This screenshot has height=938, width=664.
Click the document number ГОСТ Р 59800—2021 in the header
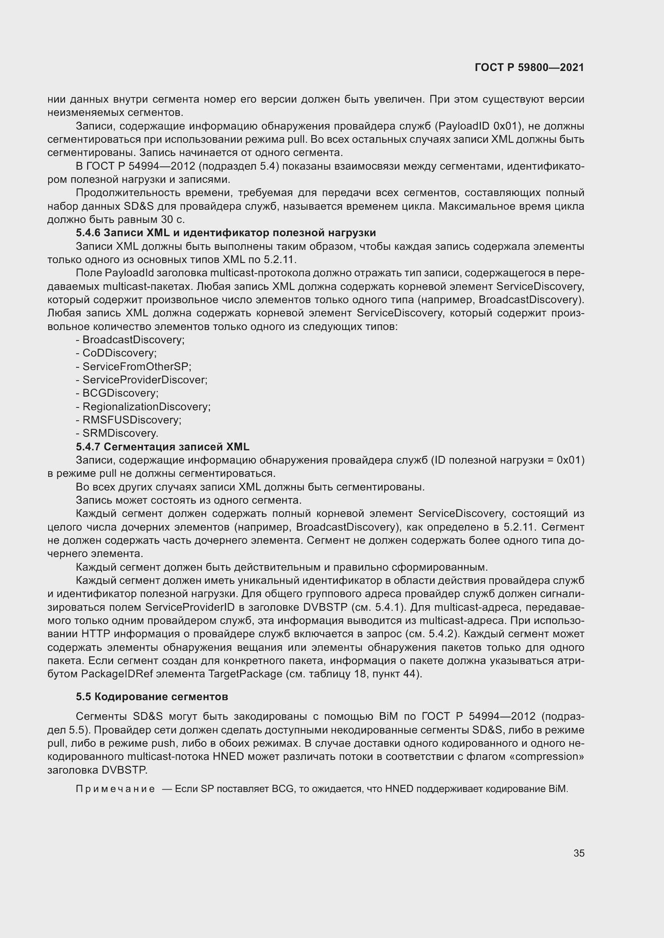[x=530, y=68]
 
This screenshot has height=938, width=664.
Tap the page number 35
[x=578, y=853]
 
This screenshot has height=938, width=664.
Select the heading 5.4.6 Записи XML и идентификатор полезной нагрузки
[x=226, y=233]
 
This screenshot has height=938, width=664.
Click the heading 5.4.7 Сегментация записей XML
[x=162, y=446]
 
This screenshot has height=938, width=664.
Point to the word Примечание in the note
[x=115, y=789]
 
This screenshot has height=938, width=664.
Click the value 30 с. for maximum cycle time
[x=172, y=219]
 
